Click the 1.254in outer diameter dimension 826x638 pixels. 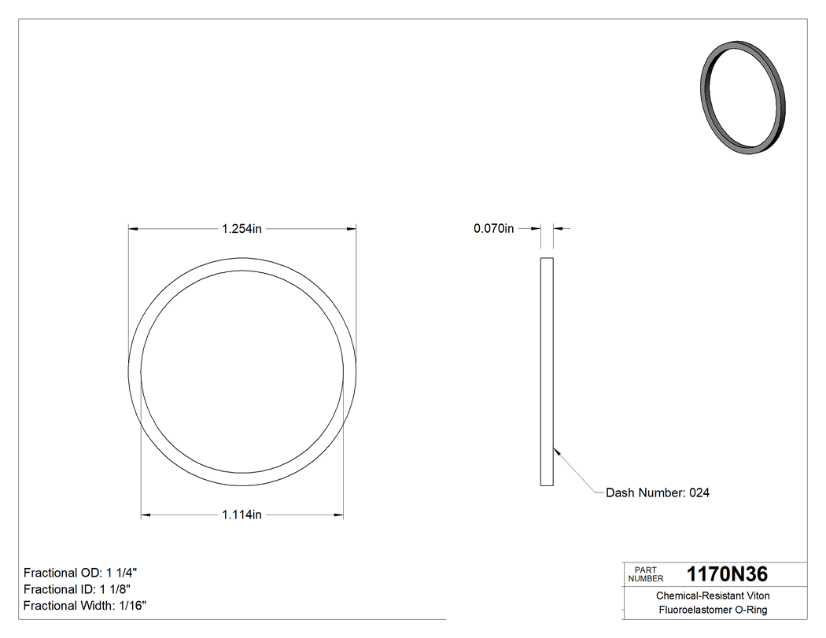tap(242, 229)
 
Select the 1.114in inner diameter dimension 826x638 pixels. tap(242, 515)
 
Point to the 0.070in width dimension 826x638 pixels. tap(493, 229)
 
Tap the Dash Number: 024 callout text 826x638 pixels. tap(658, 493)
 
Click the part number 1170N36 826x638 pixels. tap(727, 574)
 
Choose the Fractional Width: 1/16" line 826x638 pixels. tap(85, 606)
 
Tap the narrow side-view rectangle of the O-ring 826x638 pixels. tap(547, 371)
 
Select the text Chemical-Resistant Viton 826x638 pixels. tap(713, 596)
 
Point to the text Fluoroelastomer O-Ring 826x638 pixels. tap(713, 610)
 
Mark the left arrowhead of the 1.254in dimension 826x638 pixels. tap(133, 229)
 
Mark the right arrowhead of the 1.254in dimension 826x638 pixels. tap(352, 229)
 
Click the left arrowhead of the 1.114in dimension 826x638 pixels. tap(146, 515)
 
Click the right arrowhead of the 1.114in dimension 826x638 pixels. tap(339, 515)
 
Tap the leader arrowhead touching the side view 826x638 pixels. tap(556, 451)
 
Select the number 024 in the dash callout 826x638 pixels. tap(699, 493)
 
